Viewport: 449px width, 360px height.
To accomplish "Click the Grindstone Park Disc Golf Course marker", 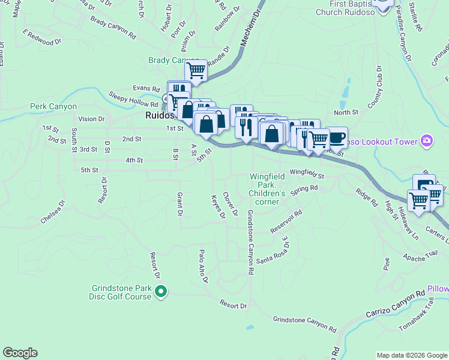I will (161, 292).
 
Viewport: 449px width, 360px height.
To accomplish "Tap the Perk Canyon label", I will (53, 107).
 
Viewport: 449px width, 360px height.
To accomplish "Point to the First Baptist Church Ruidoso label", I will (346, 7).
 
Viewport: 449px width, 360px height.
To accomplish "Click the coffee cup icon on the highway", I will (337, 137).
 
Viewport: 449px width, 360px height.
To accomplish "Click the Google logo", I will (20, 353).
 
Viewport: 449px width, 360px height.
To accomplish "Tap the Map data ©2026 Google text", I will (412, 355).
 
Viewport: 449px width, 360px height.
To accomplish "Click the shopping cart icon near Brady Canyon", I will (196, 71).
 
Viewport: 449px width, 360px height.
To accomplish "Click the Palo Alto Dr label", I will (203, 266).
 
